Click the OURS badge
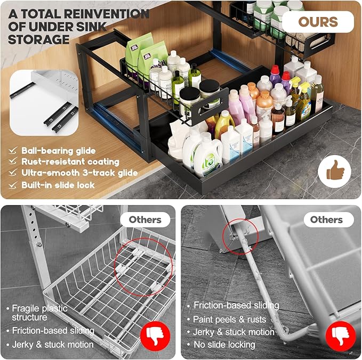318,22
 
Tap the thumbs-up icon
335,172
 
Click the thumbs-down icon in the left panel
155,336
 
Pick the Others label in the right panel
326,219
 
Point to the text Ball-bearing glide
59,150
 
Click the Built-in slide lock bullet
58,185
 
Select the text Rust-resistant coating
70,161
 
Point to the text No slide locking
225,345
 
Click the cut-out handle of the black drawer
211,108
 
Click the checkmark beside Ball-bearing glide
13,150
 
